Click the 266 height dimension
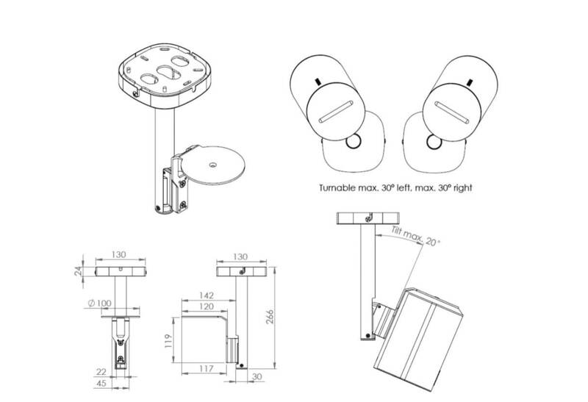coord(270,317)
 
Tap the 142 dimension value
coord(207,295)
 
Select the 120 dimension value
coord(207,306)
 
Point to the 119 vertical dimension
coord(168,341)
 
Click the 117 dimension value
coord(207,369)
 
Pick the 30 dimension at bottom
coord(257,376)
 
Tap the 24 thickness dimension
coord(78,271)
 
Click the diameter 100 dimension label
coord(99,303)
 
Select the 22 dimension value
coord(101,372)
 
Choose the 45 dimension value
coord(101,383)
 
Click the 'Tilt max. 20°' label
coord(415,236)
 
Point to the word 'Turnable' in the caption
coord(337,187)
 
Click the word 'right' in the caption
coord(462,188)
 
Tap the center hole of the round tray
coord(213,164)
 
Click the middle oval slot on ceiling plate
coord(169,71)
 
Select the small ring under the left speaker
coord(354,142)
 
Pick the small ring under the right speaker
coord(434,142)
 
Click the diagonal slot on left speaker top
coord(335,112)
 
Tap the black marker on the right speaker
coord(469,82)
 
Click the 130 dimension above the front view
coord(118,254)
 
